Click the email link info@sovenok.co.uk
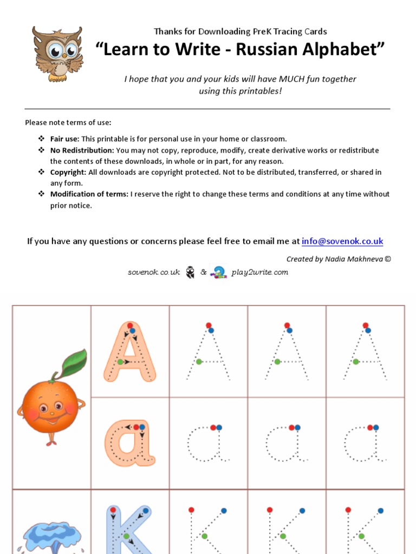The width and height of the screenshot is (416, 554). pyautogui.click(x=342, y=241)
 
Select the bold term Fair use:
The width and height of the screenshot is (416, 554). pyautogui.click(x=65, y=139)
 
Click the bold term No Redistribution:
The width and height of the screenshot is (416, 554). pyautogui.click(x=82, y=150)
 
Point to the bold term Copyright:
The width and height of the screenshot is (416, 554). pyautogui.click(x=68, y=172)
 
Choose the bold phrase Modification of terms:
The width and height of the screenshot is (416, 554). pyautogui.click(x=89, y=194)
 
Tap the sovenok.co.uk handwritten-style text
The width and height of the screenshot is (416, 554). pyautogui.click(x=153, y=272)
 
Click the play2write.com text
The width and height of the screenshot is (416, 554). pyautogui.click(x=259, y=272)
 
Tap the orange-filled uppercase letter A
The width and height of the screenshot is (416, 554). pyautogui.click(x=130, y=352)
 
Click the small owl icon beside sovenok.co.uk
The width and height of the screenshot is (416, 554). pyautogui.click(x=190, y=272)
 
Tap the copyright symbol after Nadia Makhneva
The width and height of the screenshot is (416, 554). pyautogui.click(x=387, y=259)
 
